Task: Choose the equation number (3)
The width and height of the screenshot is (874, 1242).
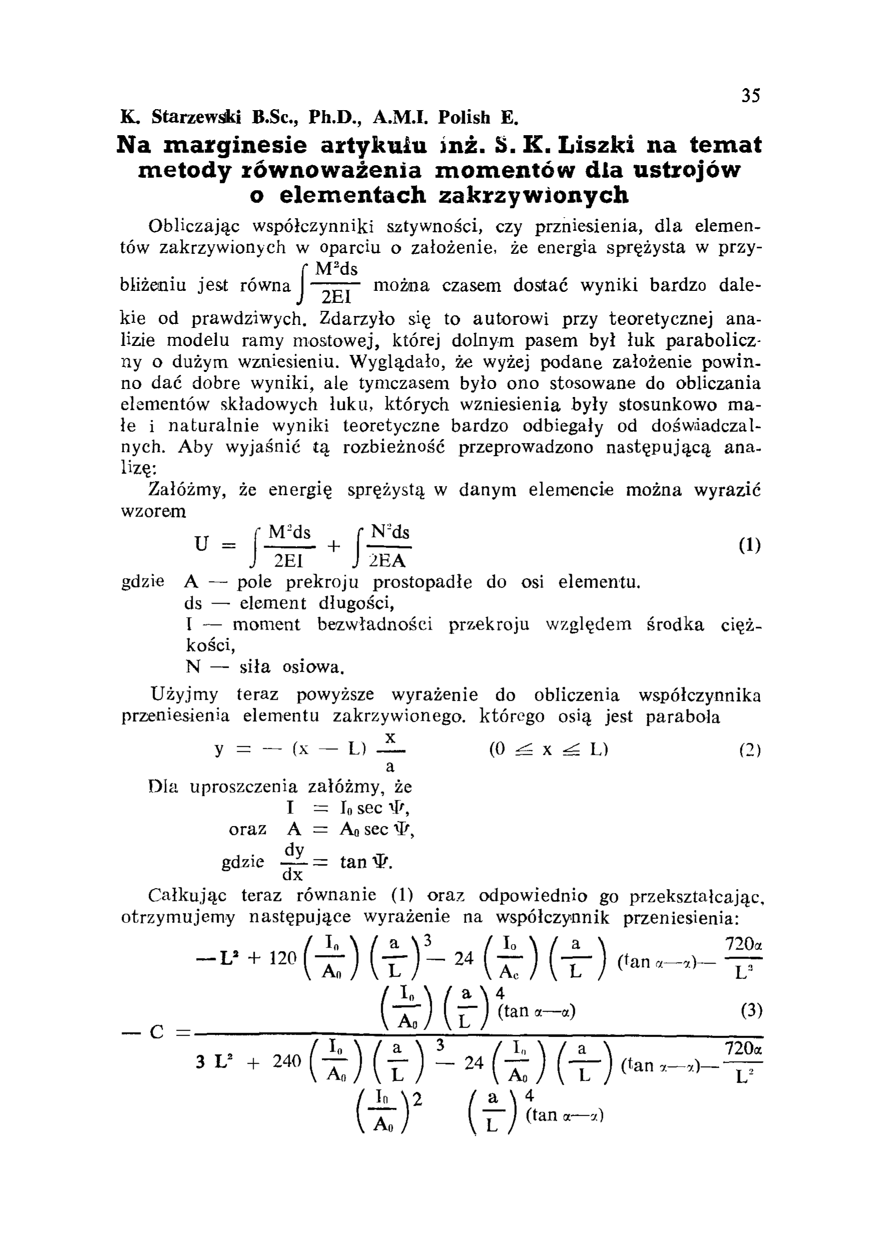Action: pyautogui.click(x=751, y=1011)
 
